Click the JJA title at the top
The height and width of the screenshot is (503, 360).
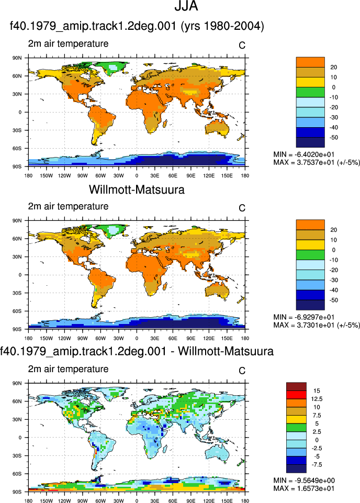tap(186, 6)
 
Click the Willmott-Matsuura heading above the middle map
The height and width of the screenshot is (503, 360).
tap(137, 189)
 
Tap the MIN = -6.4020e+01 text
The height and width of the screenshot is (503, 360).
tap(304, 154)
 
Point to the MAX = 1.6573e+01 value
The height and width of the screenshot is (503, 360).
tap(304, 488)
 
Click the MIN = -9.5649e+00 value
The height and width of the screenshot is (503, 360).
tap(304, 480)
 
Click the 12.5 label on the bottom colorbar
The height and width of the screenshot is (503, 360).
tap(317, 399)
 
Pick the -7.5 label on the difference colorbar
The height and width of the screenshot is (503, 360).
tap(317, 465)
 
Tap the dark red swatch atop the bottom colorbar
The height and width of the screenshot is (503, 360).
tap(296, 387)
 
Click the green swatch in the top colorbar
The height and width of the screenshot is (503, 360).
tap(310, 93)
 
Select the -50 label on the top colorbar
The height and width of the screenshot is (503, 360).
tap(333, 138)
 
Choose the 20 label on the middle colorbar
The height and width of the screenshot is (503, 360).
tap(333, 230)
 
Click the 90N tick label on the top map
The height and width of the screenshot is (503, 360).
tap(17, 58)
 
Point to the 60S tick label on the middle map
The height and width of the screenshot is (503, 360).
tap(17, 311)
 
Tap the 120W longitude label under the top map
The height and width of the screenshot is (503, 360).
tap(64, 176)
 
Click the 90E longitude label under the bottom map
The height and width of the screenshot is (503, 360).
tap(191, 501)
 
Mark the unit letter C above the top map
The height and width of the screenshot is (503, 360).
tap(242, 46)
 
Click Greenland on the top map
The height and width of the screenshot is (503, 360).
tap(112, 68)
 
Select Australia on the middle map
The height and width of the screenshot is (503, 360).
tap(217, 289)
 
